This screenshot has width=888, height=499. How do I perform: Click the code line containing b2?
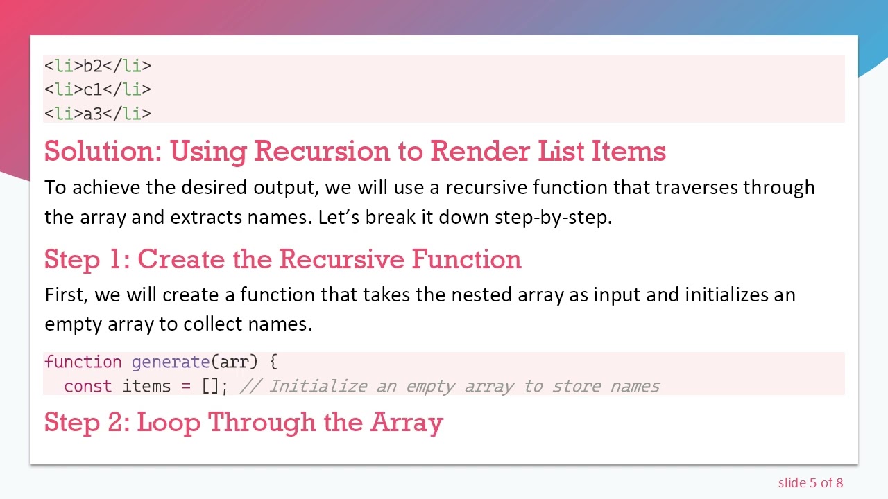[x=97, y=66]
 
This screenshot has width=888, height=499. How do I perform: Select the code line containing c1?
[x=97, y=89]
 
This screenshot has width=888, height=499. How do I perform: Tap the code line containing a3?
[x=97, y=113]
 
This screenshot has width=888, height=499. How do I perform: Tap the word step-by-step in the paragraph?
[x=552, y=217]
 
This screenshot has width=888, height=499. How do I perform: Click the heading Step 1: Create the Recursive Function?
[x=282, y=259]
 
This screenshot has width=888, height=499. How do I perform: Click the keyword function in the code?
[x=83, y=362]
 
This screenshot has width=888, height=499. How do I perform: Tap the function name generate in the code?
[x=171, y=362]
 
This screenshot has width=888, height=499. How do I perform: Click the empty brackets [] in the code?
[x=210, y=386]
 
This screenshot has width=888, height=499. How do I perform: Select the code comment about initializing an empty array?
[x=450, y=386]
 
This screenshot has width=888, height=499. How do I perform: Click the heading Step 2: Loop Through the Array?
[x=244, y=422]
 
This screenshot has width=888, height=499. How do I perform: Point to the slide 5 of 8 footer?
[x=810, y=482]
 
